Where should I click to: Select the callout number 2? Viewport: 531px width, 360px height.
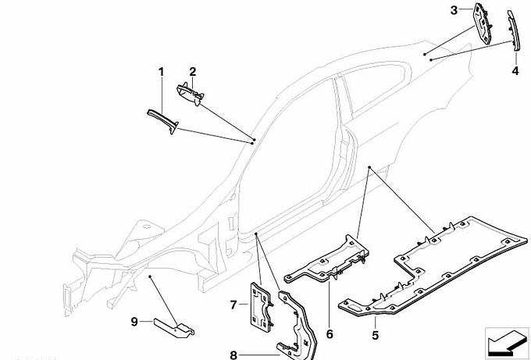(x=192, y=72)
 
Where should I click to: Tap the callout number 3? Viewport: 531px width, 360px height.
(x=454, y=10)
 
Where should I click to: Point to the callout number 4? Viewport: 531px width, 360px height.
(x=515, y=70)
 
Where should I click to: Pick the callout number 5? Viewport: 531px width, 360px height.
(x=375, y=335)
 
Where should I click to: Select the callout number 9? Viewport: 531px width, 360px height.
(x=134, y=320)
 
